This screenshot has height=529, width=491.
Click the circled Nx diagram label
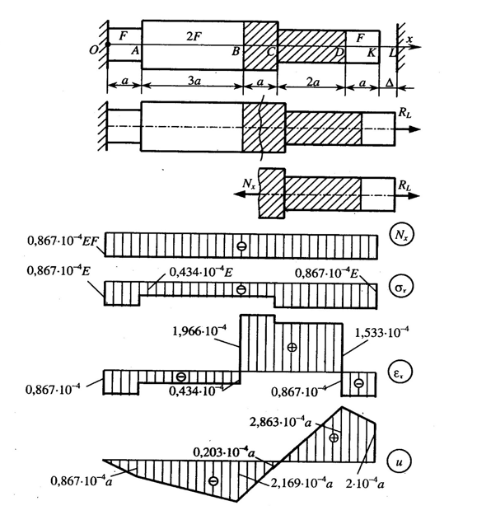(400, 234)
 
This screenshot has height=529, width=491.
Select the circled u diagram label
(400, 462)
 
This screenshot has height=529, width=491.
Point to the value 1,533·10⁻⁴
(382, 333)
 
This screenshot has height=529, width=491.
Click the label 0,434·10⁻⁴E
(201, 272)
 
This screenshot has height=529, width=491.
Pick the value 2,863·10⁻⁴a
(281, 422)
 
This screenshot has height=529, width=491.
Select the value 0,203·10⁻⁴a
(223, 452)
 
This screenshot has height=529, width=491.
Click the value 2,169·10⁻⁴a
(302, 484)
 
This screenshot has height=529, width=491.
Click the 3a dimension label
(194, 81)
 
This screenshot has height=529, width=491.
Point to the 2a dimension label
(313, 82)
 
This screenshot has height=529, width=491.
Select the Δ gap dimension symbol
(389, 82)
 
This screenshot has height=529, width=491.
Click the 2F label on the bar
(194, 35)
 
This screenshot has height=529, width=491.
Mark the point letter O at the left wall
(93, 50)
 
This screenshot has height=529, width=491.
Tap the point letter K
(372, 53)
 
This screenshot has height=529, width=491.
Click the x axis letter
(409, 39)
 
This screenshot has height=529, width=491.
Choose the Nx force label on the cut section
(249, 184)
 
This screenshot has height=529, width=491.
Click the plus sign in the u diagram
(334, 438)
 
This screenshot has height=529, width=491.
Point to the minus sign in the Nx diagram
(241, 246)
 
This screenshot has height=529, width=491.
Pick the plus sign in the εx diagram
(292, 347)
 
